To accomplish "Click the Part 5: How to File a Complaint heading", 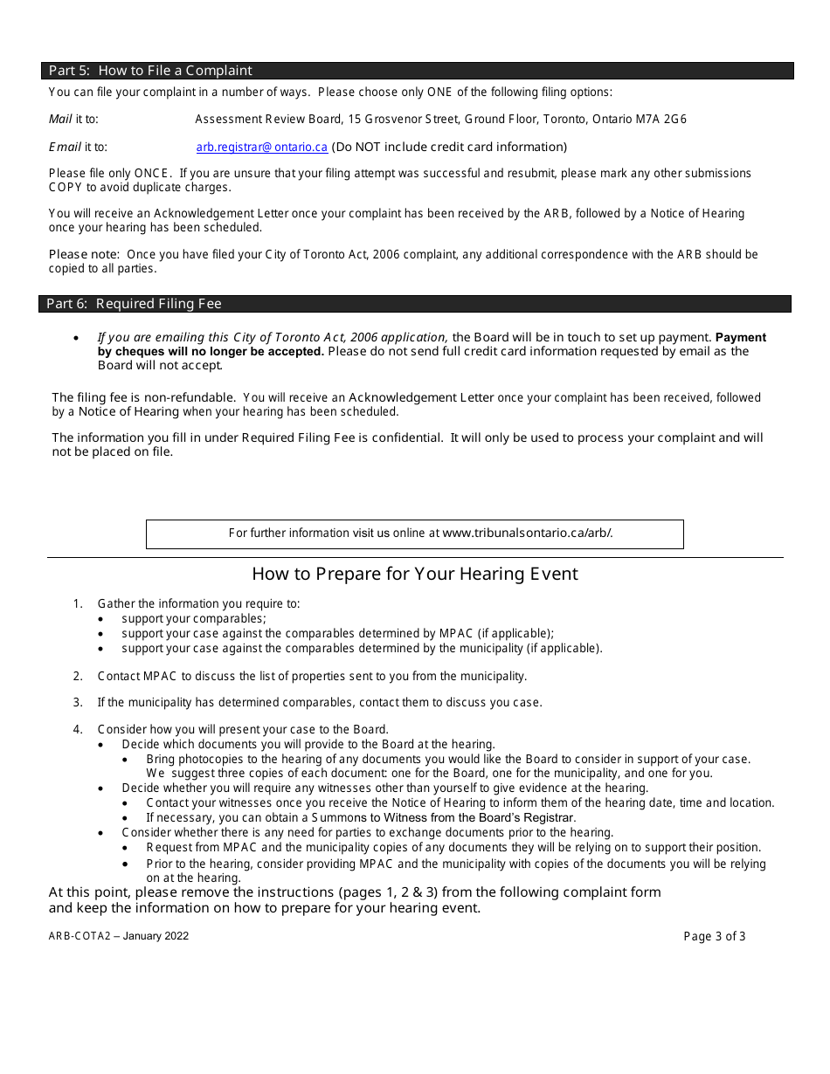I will [x=150, y=71].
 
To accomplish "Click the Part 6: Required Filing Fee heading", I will [x=134, y=304].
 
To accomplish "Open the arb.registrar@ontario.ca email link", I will [x=261, y=148].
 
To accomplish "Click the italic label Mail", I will [x=60, y=120].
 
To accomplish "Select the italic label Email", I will [x=65, y=148].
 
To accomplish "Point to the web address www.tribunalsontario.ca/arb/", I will [x=527, y=533].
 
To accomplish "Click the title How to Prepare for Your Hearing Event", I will [x=415, y=574].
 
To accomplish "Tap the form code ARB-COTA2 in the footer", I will [x=79, y=936].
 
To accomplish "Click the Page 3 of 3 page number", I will [x=714, y=936].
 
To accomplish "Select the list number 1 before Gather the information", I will [x=78, y=603].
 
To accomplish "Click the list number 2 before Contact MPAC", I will [x=78, y=676].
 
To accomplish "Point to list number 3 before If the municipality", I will [x=78, y=702].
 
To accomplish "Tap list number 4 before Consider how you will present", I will [x=78, y=729].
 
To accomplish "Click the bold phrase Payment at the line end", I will [x=740, y=338].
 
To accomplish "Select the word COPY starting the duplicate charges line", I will [x=66, y=187].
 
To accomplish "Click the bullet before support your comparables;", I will [x=102, y=619].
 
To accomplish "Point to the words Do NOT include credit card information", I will [x=451, y=148].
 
